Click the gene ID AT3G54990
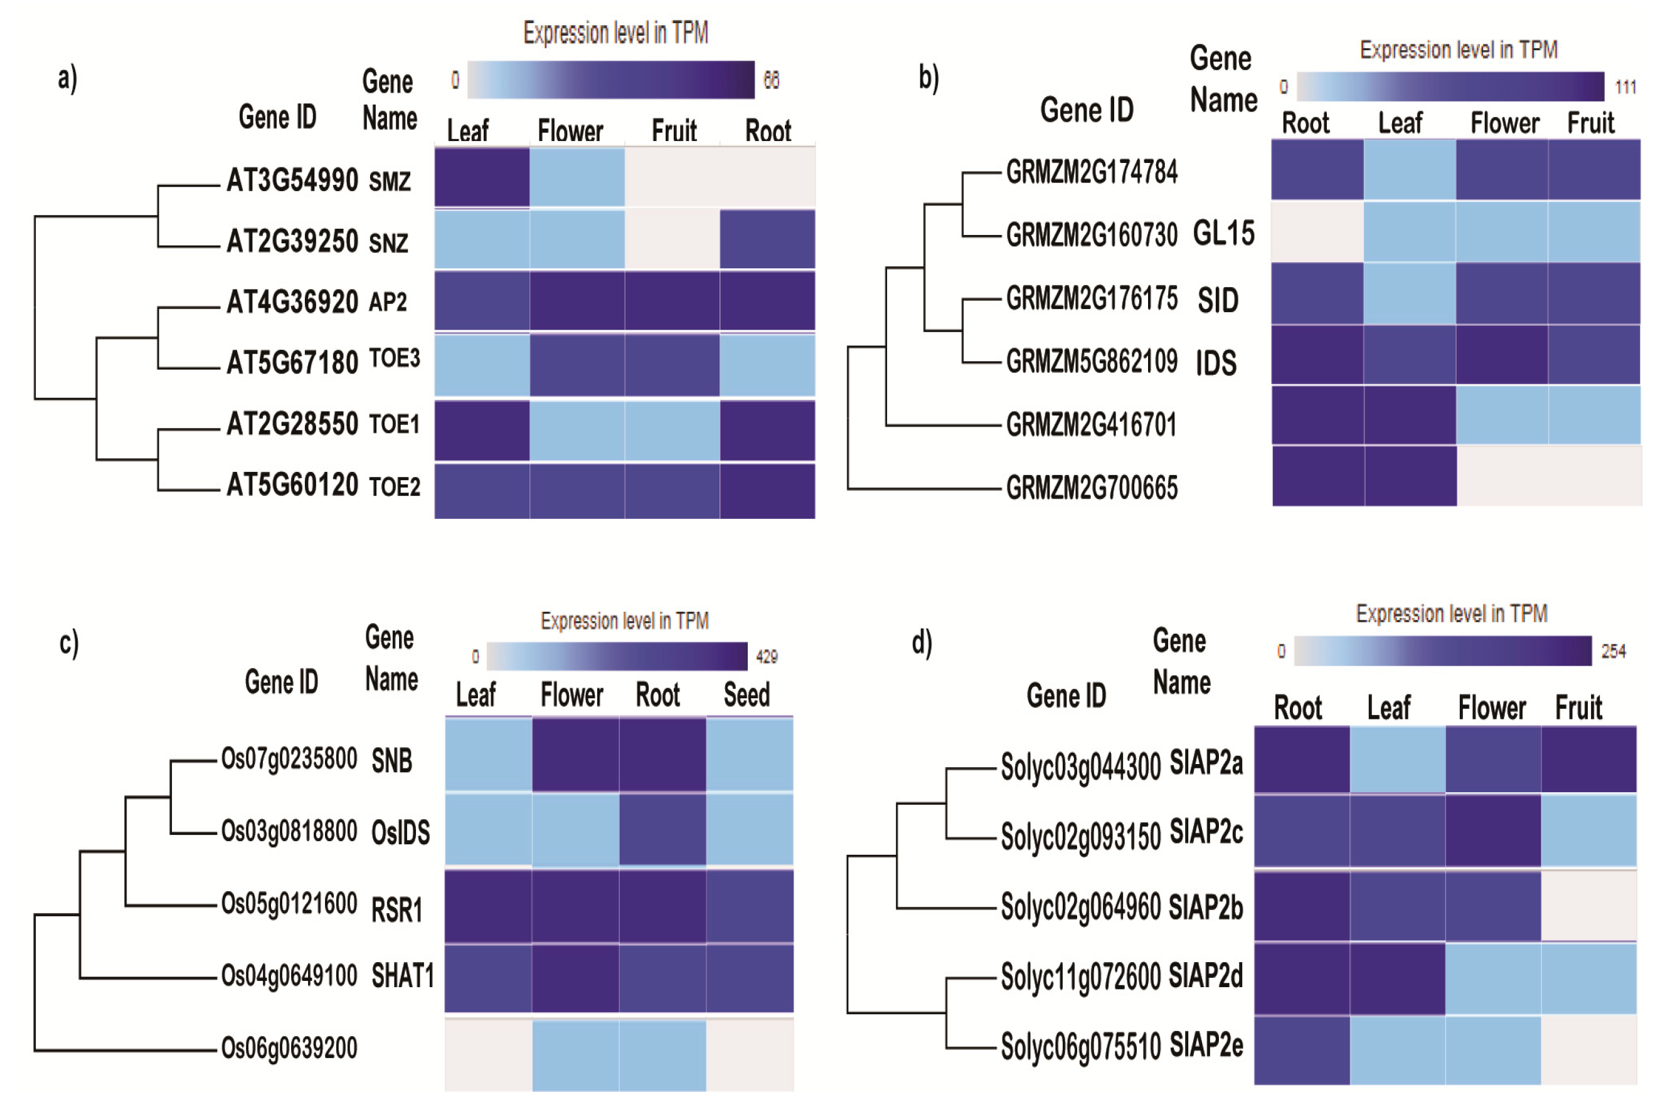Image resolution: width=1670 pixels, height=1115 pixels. tap(292, 180)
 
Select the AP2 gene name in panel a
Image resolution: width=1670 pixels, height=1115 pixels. tap(388, 302)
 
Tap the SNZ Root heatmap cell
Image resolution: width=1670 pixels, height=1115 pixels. tap(767, 239)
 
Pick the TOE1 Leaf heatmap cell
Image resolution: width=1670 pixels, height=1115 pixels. tap(482, 430)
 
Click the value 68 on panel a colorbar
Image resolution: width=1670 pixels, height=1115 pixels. tap(771, 80)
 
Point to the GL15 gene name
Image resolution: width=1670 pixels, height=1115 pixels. tap(1223, 233)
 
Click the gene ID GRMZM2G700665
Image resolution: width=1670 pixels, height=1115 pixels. tap(1092, 488)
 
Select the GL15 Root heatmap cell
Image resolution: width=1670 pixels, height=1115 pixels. tap(1317, 232)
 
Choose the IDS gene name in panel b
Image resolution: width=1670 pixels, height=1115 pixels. tap(1216, 364)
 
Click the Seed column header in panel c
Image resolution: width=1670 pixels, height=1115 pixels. tap(747, 694)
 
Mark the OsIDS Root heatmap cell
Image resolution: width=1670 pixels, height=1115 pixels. tap(662, 830)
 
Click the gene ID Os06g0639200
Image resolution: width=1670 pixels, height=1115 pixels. tap(289, 1047)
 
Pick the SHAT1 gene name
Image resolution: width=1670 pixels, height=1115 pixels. tap(403, 976)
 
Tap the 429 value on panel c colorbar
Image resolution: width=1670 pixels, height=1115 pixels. tap(767, 656)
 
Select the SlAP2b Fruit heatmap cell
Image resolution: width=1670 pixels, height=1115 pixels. tap(1588, 906)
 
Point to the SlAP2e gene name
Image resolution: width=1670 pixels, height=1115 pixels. tap(1206, 1045)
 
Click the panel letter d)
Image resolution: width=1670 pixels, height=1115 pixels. tap(922, 643)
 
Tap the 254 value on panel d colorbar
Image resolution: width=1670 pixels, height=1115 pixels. tap(1613, 651)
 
